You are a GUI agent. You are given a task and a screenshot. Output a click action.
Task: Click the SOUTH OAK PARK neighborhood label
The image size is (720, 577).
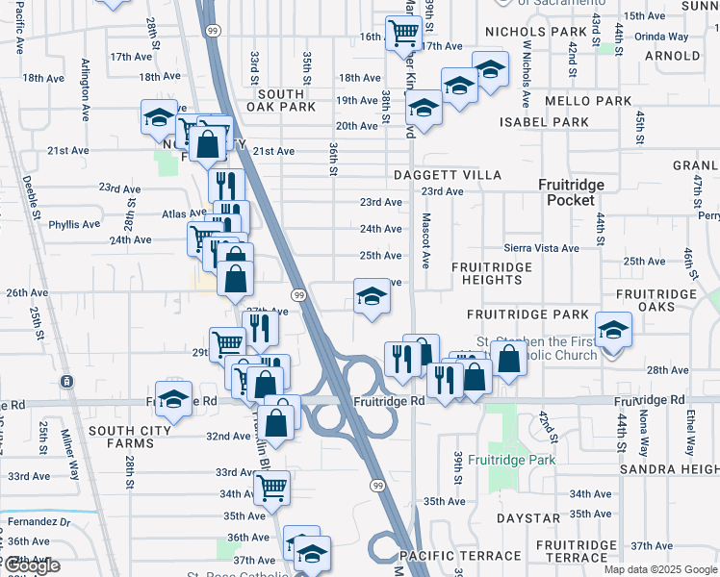pos(281,100)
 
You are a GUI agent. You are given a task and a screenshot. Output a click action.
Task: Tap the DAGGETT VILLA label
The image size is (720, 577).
pos(448,175)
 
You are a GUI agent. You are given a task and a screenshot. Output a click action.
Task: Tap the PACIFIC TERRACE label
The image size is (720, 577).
pos(460,557)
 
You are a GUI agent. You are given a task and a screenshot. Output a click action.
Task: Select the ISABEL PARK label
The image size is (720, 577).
pos(544,122)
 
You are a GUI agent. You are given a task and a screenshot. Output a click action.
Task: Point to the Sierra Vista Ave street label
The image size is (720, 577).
pos(541,248)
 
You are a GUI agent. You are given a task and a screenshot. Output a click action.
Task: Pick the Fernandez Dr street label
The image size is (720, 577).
pos(26,521)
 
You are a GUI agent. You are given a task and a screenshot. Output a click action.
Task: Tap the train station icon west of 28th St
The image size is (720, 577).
pos(66,382)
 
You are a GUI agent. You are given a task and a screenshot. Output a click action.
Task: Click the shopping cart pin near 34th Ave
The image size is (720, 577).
pos(271,489)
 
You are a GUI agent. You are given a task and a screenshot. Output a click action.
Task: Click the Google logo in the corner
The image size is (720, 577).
pos(31,566)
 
